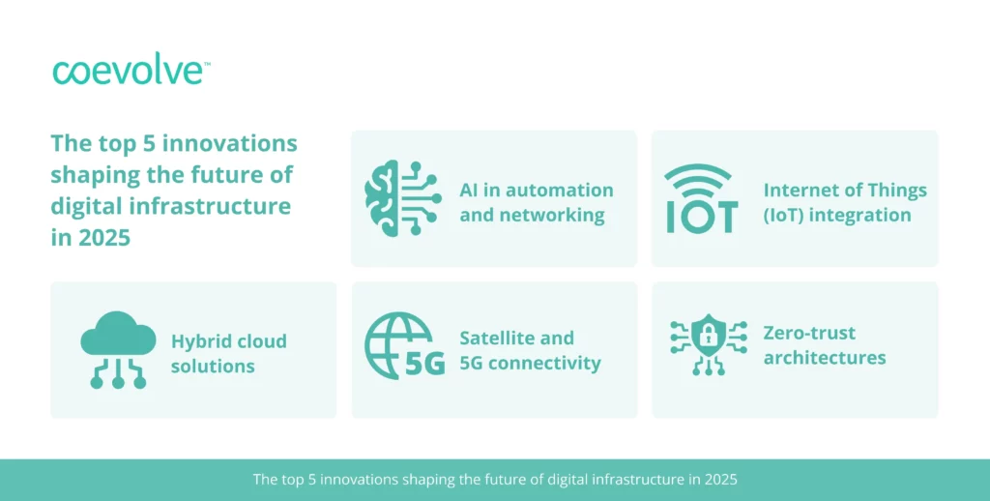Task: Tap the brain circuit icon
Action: pos(402,198)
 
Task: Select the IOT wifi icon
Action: pos(702,198)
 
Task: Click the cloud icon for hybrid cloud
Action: pos(118,349)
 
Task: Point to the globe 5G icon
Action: pos(405,345)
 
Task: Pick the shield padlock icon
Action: pos(709,344)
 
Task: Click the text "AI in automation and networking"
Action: pos(536,202)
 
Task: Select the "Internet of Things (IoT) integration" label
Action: pos(845,202)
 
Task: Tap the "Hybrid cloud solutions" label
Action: pos(228,353)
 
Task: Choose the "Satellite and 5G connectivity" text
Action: pos(530,350)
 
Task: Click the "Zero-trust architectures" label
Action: pos(825,345)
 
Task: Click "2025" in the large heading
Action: pos(104,238)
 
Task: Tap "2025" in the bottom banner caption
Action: pos(721,479)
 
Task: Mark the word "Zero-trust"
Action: pos(809,333)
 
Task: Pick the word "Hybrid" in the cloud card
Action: pos(199,341)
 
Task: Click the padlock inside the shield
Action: pos(709,338)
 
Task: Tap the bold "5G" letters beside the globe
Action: pos(425,364)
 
